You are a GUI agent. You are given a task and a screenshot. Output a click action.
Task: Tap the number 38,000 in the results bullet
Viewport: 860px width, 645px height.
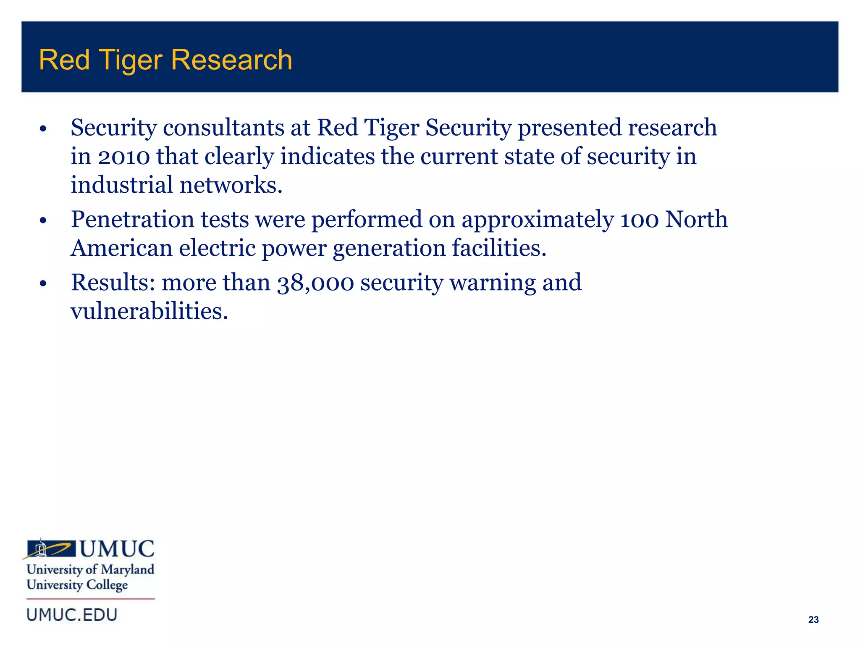click(x=315, y=283)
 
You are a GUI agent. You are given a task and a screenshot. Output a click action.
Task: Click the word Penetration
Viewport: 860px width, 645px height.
click(x=132, y=220)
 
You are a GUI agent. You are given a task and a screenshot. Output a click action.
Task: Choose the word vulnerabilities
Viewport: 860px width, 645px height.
click(x=149, y=312)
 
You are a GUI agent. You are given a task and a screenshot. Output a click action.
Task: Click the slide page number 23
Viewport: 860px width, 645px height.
click(x=813, y=619)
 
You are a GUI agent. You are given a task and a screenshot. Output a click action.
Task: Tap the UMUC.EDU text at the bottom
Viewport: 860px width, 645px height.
click(x=72, y=615)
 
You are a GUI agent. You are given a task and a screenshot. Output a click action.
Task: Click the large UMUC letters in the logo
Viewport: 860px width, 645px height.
click(x=117, y=549)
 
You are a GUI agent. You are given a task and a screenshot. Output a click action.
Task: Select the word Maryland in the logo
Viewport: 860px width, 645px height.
click(x=128, y=570)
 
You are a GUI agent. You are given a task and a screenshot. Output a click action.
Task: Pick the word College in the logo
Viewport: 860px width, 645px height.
click(x=107, y=585)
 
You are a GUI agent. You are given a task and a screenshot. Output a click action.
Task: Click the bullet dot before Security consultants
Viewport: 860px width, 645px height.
click(x=42, y=129)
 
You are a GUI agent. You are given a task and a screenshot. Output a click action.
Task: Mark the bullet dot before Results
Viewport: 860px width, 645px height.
click(x=42, y=284)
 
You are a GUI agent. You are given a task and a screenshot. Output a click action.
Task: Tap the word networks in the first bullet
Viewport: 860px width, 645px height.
click(x=231, y=185)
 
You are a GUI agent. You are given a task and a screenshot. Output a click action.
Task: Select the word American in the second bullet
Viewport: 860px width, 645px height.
click(x=121, y=248)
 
